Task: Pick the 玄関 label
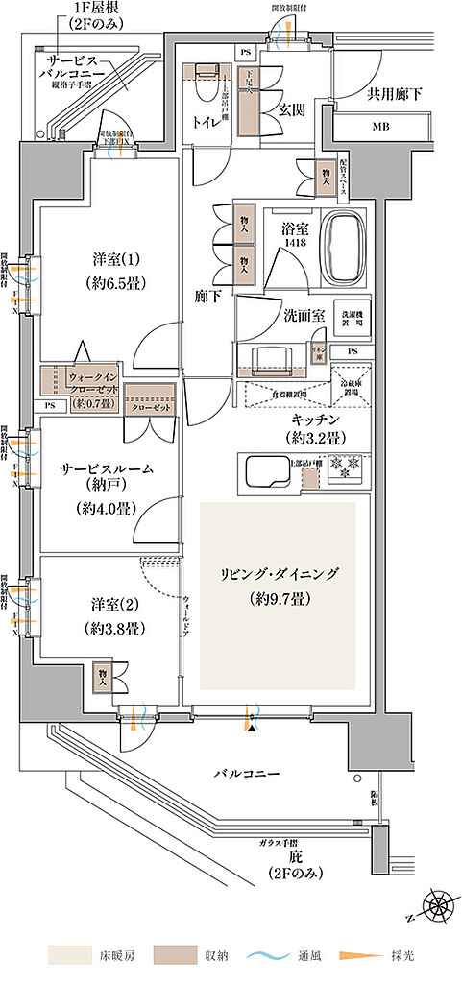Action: point(292,110)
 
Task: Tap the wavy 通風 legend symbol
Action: point(275,956)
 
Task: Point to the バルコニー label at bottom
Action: point(246,773)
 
